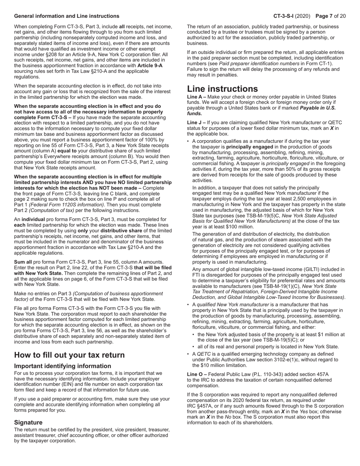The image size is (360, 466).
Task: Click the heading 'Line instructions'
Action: [x=222, y=89]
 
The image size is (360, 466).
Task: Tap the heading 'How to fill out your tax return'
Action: [x=69, y=355]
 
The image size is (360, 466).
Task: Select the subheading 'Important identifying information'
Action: [x=63, y=366]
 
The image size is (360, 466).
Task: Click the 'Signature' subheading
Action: [x=28, y=422]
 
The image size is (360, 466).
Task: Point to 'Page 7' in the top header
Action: [x=326, y=16]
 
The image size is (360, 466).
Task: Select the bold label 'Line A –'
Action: [x=197, y=97]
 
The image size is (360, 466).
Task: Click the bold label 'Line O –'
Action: [x=197, y=374]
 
